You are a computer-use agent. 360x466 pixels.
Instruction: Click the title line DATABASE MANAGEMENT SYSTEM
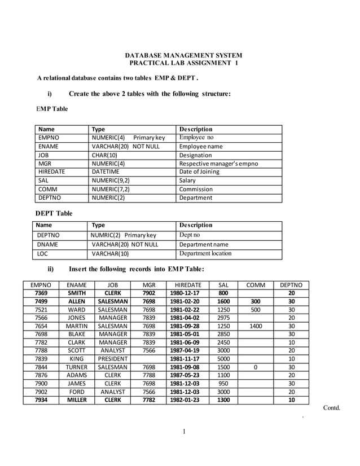[183, 55]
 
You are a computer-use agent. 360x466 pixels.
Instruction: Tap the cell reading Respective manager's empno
[218, 164]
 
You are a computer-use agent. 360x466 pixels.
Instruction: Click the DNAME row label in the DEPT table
[47, 244]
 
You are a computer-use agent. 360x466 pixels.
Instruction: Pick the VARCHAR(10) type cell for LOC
[110, 253]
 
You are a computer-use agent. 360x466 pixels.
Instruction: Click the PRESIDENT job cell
[112, 358]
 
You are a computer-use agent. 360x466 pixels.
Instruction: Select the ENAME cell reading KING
[76, 358]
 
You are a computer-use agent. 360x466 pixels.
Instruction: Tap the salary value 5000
[223, 358]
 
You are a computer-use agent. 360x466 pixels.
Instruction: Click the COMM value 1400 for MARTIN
[255, 326]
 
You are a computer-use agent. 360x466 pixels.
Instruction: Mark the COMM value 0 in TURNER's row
[255, 367]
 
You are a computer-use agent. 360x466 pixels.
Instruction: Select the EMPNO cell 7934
[41, 400]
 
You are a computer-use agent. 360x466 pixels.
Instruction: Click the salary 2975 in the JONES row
[223, 318]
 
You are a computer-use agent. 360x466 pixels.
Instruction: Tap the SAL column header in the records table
[223, 285]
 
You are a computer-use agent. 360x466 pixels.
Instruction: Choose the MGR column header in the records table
[149, 285]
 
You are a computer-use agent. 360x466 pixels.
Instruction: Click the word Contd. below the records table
[332, 408]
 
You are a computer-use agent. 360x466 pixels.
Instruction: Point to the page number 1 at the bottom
[184, 432]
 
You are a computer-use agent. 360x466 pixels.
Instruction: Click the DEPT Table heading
[54, 213]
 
